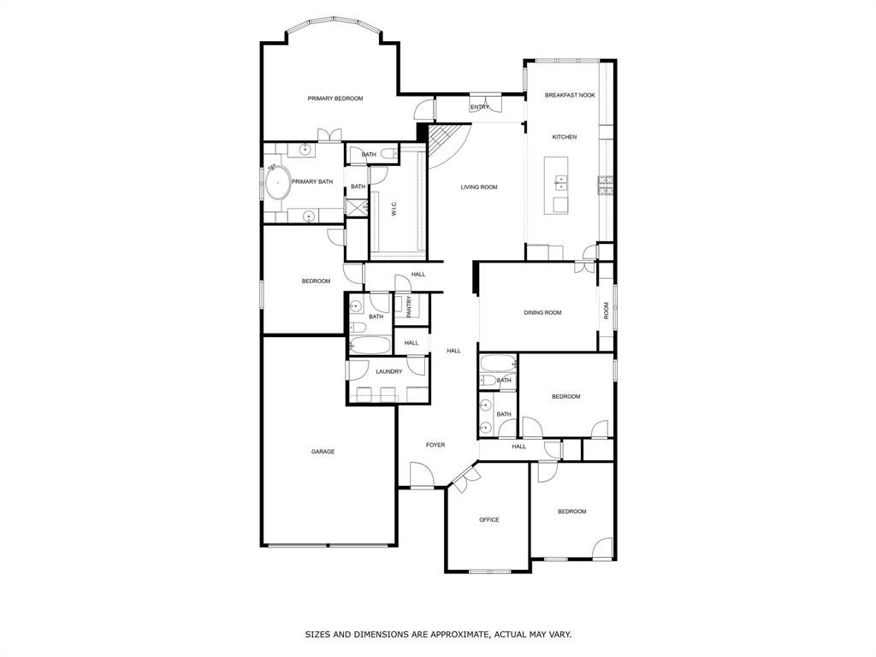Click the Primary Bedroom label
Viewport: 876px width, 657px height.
point(335,98)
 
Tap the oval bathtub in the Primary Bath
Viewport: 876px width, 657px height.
point(278,183)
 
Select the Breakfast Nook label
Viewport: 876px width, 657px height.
point(570,96)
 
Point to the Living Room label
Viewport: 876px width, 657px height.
point(479,187)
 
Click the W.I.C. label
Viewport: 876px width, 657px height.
point(394,209)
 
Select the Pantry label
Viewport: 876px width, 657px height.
point(409,307)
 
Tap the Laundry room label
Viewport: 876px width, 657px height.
point(389,371)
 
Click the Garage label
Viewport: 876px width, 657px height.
point(323,452)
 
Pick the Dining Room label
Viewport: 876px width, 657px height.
point(542,313)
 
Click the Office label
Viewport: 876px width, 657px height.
point(488,520)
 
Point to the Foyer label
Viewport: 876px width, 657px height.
point(435,445)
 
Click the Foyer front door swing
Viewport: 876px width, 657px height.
point(422,475)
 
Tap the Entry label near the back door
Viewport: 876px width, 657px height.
point(480,107)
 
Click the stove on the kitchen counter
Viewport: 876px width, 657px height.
point(606,186)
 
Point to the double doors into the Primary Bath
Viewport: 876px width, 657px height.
point(329,136)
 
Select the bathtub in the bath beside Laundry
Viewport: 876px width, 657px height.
point(370,345)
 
